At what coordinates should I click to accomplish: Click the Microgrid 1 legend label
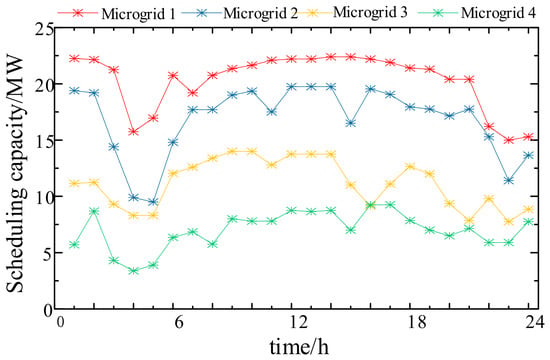tap(138, 14)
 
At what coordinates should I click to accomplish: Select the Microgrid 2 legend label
tap(260, 13)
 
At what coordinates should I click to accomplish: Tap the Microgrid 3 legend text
tap(370, 12)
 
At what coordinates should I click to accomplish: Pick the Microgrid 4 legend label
tap(498, 13)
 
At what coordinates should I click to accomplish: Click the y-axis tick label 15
tap(44, 140)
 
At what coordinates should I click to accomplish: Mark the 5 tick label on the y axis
tap(48, 253)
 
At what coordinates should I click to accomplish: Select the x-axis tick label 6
tap(179, 322)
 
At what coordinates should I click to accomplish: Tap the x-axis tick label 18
tap(417, 322)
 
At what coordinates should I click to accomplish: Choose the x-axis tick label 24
tap(535, 322)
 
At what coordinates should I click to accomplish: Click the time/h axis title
tap(299, 347)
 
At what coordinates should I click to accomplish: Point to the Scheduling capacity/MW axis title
tap(15, 174)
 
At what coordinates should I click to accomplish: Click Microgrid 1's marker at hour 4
tap(133, 132)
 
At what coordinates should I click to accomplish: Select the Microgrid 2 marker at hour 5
tap(153, 202)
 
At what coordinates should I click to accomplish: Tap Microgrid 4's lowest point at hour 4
tap(133, 271)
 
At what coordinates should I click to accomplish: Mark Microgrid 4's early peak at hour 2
tap(94, 211)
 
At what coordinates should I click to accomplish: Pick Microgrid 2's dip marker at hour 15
tap(351, 123)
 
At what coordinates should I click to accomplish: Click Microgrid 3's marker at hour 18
tap(410, 166)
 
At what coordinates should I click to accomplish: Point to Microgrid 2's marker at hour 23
tap(509, 181)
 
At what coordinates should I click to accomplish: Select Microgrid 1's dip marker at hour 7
tap(193, 93)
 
